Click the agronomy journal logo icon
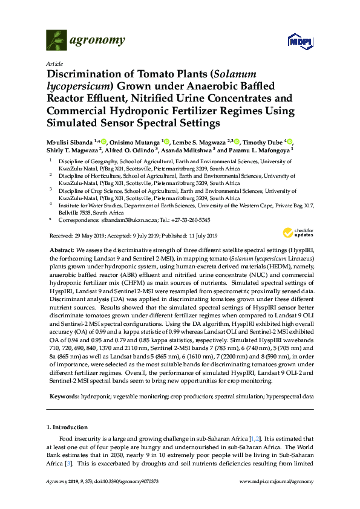(x=56, y=40)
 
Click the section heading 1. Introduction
(x=70, y=427)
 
